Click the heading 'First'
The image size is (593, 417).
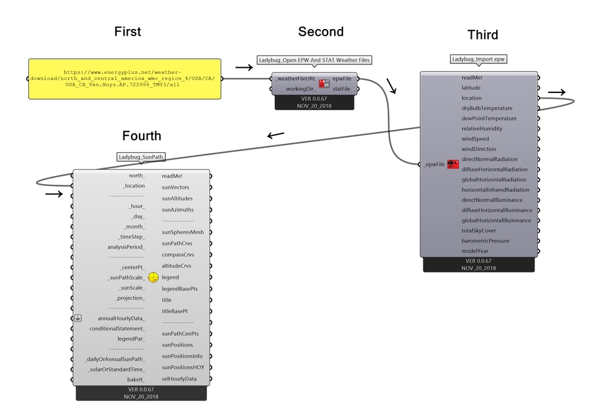[x=127, y=32]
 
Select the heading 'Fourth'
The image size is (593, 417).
[x=142, y=136]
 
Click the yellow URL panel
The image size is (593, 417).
[x=125, y=79]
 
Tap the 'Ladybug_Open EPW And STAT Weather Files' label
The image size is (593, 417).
[x=314, y=60]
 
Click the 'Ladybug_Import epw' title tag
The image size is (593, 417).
[x=478, y=59]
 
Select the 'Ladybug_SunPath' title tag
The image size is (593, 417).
[x=140, y=157]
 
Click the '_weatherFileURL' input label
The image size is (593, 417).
[x=296, y=78]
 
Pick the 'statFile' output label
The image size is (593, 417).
[x=341, y=88]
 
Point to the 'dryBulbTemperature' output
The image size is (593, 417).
[x=487, y=108]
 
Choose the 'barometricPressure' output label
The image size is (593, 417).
[x=486, y=241]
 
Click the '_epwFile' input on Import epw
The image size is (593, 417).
[x=433, y=164]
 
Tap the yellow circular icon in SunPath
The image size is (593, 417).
[x=153, y=278]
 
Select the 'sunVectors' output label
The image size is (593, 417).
[x=175, y=187]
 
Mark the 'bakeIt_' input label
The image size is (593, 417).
[x=136, y=379]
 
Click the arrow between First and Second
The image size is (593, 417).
[x=244, y=67]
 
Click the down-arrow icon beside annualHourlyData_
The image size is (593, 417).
[x=78, y=318]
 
